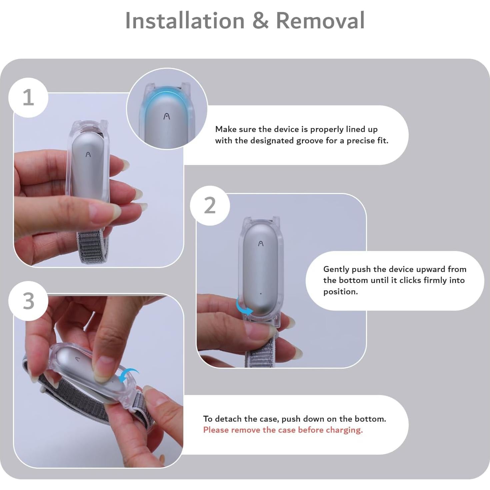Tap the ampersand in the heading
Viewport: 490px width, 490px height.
(x=260, y=21)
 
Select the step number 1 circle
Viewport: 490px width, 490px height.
(x=28, y=98)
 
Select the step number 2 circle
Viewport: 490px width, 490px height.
(x=210, y=206)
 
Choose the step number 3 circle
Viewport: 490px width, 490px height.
(x=28, y=301)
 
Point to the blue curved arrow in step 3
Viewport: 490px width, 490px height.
(x=130, y=375)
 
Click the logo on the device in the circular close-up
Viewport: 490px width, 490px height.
(x=167, y=116)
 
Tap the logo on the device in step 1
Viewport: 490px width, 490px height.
(x=88, y=154)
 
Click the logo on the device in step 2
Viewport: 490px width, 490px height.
(x=261, y=244)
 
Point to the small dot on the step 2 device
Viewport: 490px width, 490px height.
(x=261, y=294)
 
